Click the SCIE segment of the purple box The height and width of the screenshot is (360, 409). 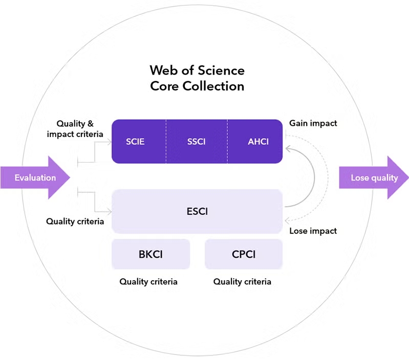coord(136,142)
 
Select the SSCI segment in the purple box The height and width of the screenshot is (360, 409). coord(197,142)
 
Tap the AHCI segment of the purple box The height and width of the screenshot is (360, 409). coord(257,142)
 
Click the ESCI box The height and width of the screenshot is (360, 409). coord(197,211)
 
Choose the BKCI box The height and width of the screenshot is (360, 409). coord(150,254)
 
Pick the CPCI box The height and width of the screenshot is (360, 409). coord(244,254)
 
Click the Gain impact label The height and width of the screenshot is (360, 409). coord(313,123)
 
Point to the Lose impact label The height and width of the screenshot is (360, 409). coord(313,231)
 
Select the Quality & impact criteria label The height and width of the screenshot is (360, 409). coord(75,129)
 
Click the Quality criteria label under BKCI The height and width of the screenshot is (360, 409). coord(148,281)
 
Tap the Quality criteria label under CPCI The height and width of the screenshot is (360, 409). coord(242,281)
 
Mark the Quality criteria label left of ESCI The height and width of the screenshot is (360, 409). coord(75,221)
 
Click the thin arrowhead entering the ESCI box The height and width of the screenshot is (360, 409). coord(109,211)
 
